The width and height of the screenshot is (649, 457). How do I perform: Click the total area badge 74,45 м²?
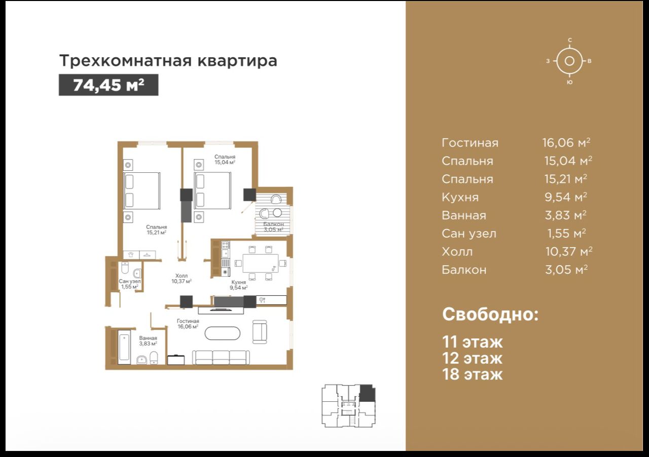coord(109,85)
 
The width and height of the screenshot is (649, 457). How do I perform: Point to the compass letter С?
coord(569,40)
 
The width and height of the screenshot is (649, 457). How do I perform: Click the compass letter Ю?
coord(569,82)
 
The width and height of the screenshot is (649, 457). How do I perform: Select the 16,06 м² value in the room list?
coord(566,142)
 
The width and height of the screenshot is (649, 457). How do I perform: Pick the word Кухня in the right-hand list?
coord(460,197)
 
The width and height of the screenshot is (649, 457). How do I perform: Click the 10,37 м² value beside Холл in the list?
coord(569,251)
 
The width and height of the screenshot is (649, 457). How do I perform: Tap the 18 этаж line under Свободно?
coord(472,374)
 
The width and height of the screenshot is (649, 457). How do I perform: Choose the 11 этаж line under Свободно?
coord(472,341)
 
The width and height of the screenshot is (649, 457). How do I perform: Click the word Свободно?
coord(490,314)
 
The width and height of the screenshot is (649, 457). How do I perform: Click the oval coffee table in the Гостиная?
coord(222,333)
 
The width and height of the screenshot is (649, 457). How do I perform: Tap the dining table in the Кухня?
coord(261,263)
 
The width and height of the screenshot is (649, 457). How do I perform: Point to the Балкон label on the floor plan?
coord(273,224)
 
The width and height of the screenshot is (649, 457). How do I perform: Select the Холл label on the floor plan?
coord(182,276)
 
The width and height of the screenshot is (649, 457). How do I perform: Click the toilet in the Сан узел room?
coord(125,268)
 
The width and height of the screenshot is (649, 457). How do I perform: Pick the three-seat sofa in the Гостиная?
coord(221,357)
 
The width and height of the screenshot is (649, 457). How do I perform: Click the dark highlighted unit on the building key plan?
coord(367,394)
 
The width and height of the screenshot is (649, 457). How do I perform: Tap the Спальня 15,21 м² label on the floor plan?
coord(157,230)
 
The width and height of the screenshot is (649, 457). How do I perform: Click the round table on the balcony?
coord(277,213)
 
